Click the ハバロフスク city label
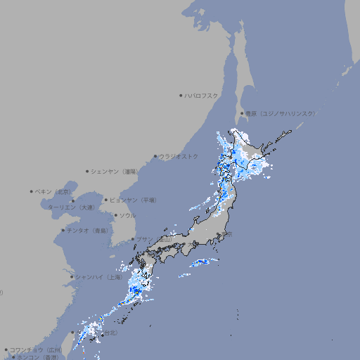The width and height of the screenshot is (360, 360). pyautogui.click(x=201, y=95)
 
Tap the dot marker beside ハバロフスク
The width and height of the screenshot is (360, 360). pyautogui.click(x=181, y=95)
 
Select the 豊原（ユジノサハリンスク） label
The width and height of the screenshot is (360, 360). pyautogui.click(x=281, y=113)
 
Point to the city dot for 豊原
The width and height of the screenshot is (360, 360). pyautogui.click(x=242, y=113)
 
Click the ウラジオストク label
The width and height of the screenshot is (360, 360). pyautogui.click(x=179, y=156)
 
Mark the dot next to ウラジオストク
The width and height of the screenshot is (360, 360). pyautogui.click(x=155, y=156)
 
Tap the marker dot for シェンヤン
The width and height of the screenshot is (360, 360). pyautogui.click(x=88, y=171)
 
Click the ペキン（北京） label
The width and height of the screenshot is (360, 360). pyautogui.click(x=55, y=191)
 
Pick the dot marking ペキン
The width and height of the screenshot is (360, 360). pyautogui.click(x=32, y=191)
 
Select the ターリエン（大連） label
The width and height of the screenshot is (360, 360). pyautogui.click(x=70, y=207)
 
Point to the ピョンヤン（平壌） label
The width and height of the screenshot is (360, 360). pyautogui.click(x=133, y=200)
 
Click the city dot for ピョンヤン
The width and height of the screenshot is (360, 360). pyautogui.click(x=106, y=200)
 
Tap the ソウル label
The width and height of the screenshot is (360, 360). pyautogui.click(x=127, y=215)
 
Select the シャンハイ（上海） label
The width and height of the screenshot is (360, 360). pyautogui.click(x=99, y=276)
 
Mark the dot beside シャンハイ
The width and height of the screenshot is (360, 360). pyautogui.click(x=72, y=276)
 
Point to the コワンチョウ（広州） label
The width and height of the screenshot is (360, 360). pyautogui.click(x=35, y=349)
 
